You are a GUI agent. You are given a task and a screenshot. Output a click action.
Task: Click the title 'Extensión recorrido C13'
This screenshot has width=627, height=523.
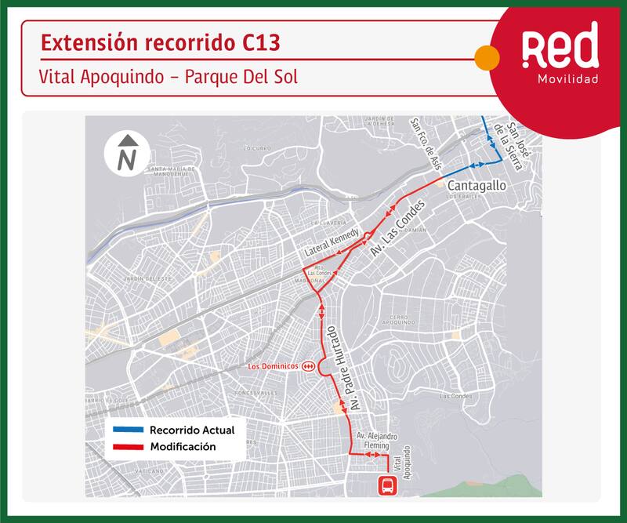(x=159, y=43)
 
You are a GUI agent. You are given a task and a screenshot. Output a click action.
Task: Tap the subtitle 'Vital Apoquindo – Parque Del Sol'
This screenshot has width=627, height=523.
(x=169, y=78)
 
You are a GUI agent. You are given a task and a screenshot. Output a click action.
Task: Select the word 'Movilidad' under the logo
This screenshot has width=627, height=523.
(x=567, y=80)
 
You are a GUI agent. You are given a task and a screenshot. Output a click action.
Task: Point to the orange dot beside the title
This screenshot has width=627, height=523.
(x=487, y=57)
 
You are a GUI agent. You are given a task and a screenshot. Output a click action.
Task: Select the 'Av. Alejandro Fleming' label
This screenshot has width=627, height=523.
(x=378, y=441)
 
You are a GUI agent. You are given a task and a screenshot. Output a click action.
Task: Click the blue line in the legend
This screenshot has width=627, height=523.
(x=127, y=430)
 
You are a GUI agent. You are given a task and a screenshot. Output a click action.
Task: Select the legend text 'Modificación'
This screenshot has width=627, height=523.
(x=183, y=447)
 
